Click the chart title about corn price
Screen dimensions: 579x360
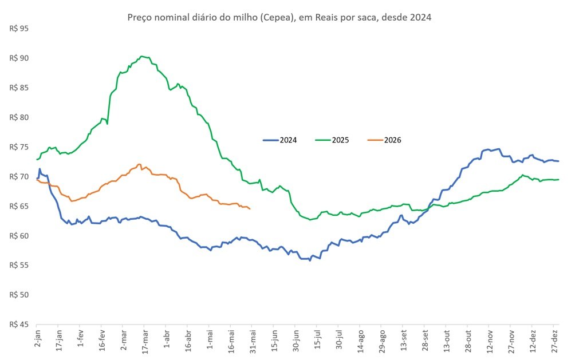[279, 17]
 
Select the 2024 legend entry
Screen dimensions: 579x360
[280, 140]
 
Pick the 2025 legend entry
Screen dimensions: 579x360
[332, 140]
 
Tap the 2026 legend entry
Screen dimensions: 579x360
[384, 140]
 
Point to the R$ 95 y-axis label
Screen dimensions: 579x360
[19, 29]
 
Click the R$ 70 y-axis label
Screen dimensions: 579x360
[19, 177]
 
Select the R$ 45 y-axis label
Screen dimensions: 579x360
[19, 325]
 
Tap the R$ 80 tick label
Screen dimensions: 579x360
[19, 117]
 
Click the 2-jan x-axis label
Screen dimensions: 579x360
[38, 339]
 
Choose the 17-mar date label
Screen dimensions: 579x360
[145, 341]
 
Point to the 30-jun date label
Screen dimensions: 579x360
[296, 341]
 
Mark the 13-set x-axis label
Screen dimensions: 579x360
[404, 341]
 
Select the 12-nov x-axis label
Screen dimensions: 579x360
[490, 342]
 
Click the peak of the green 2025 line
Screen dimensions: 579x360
[142, 56]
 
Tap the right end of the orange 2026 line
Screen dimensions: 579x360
[250, 209]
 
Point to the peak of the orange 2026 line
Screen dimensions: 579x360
[139, 164]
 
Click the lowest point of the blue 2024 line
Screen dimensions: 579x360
[310, 261]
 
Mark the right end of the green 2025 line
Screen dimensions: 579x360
[558, 180]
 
